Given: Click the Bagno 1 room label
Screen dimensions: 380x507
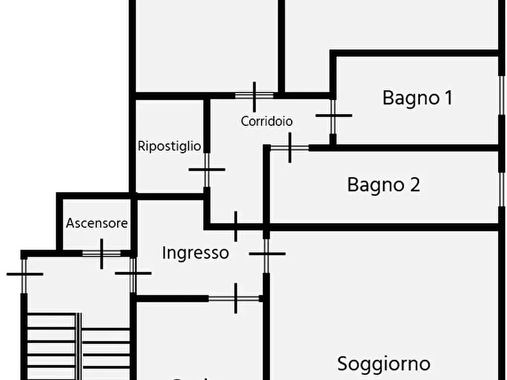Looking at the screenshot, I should [417, 98].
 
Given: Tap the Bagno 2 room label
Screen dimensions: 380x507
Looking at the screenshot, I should [384, 185].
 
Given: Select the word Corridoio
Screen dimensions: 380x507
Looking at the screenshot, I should [267, 121].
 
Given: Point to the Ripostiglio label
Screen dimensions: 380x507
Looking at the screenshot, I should [169, 146].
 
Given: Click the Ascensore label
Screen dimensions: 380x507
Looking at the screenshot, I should [97, 223].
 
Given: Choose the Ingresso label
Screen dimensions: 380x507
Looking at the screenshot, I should [195, 252].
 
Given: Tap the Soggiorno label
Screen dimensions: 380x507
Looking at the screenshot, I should [384, 363].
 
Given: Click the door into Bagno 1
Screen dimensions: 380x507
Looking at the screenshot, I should [333, 116].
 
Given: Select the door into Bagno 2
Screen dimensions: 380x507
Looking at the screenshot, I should [290, 147].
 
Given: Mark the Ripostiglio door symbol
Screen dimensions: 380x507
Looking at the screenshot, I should [207, 169].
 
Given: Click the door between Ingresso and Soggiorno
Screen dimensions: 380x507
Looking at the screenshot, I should [266, 254].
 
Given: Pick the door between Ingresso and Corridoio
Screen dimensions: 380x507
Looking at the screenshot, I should [236, 226].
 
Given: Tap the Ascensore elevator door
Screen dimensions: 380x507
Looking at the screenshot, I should [102, 254].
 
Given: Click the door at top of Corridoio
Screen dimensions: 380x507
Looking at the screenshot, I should [254, 95].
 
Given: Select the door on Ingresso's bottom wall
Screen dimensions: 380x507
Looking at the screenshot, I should [235, 298].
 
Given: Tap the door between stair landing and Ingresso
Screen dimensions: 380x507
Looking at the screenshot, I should [133, 274].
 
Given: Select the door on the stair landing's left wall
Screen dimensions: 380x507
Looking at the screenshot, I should [24, 275].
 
